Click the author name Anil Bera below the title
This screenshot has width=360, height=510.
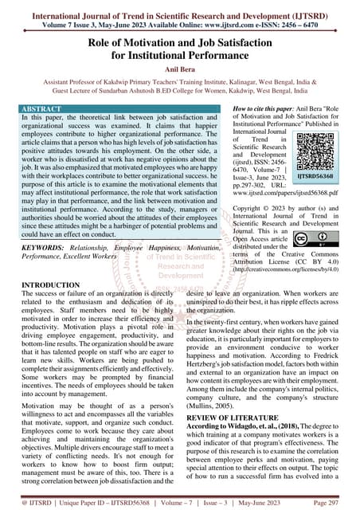180,69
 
